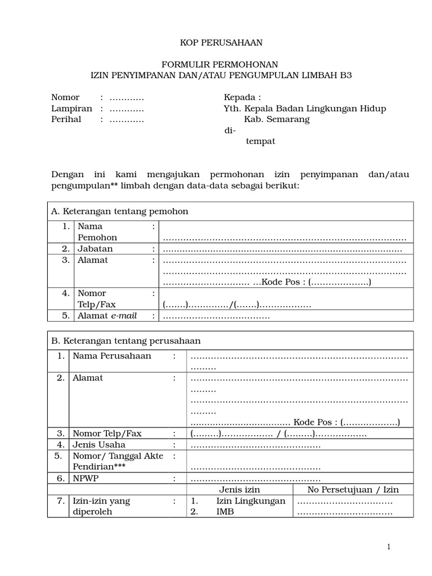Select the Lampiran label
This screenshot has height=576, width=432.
[72, 109]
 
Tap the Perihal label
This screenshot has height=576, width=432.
[66, 119]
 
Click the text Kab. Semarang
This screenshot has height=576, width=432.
[276, 119]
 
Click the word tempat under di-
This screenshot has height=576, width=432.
[260, 141]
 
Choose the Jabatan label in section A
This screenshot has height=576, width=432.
[95, 249]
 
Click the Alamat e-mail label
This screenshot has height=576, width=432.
[107, 316]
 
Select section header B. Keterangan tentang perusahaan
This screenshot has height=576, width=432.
[125, 341]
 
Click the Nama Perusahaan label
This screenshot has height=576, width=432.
[112, 356]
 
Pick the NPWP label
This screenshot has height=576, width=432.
[84, 478]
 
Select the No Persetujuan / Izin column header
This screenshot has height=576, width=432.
[353, 489]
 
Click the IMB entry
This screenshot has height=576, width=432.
[227, 512]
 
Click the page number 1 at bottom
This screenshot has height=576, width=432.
[388, 547]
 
